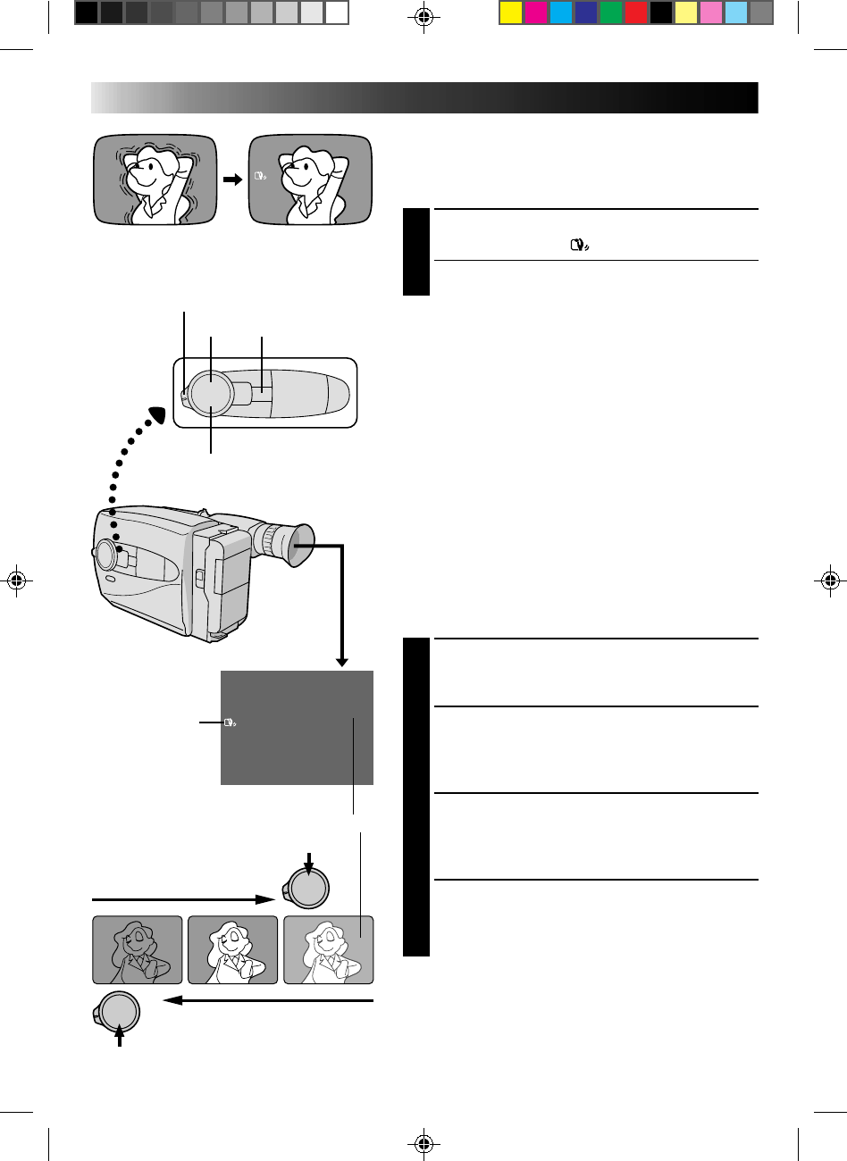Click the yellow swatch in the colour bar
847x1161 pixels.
click(x=510, y=13)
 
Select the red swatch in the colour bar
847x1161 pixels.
click(x=635, y=13)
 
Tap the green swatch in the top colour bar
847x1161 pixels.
click(x=610, y=13)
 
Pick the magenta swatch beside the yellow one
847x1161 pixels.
click(x=535, y=13)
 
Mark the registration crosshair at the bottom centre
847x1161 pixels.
click(x=424, y=1141)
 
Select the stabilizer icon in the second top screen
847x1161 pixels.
click(x=260, y=178)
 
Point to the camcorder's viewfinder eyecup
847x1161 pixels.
click(x=290, y=547)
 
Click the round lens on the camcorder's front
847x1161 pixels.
click(x=105, y=555)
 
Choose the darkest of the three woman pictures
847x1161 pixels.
click(x=138, y=950)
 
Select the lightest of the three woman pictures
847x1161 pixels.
click(x=328, y=950)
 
